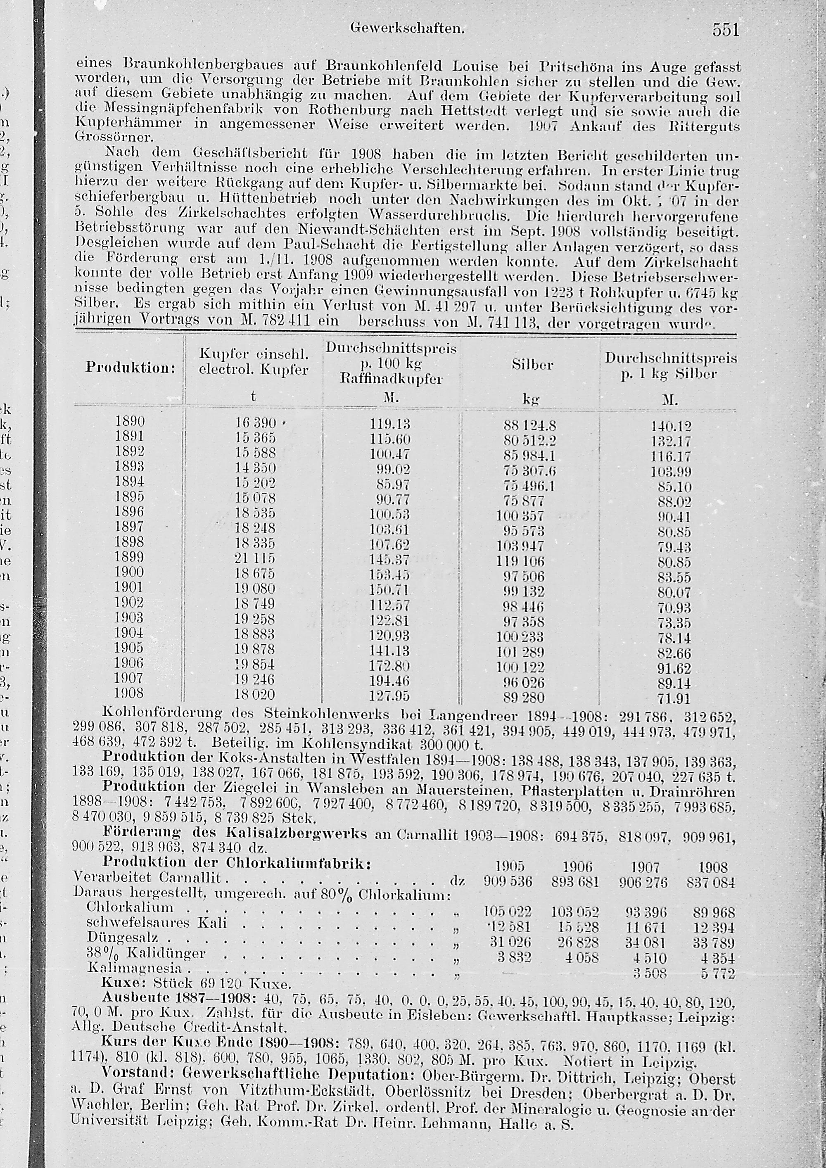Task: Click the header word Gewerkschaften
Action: point(408,29)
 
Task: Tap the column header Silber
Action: point(532,365)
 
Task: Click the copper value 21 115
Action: point(255,558)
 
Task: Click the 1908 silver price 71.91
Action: point(674,698)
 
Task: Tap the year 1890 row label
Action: point(130,421)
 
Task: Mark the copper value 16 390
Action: point(255,423)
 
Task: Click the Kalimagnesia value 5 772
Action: point(714,973)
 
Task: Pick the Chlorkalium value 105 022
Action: point(507,912)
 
